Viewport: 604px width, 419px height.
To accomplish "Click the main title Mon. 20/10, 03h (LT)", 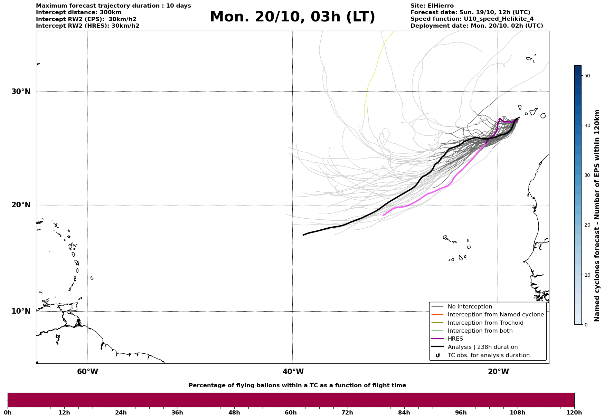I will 292,17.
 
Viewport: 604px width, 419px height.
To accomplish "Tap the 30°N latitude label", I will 21,92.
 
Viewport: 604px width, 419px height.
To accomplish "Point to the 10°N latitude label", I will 21,311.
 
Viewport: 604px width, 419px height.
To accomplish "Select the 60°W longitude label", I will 87,372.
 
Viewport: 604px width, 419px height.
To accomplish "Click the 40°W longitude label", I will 293,372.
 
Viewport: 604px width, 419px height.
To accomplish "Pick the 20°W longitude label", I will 498,372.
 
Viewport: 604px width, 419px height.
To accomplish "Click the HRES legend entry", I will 455,339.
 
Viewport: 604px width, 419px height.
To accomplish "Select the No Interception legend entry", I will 470,307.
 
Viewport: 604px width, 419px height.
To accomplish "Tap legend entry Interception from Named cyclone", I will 496,315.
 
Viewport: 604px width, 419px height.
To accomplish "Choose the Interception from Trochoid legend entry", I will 485,323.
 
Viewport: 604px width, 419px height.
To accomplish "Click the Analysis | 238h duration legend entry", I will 482,347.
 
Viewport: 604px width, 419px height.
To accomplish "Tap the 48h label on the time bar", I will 234,412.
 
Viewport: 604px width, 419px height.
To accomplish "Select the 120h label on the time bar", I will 574,412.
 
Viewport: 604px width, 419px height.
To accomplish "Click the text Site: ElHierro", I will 432,6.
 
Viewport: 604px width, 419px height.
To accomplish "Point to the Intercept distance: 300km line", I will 78,12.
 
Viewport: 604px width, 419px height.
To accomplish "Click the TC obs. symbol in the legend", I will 438,355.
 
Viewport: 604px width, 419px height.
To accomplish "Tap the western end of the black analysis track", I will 303,235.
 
